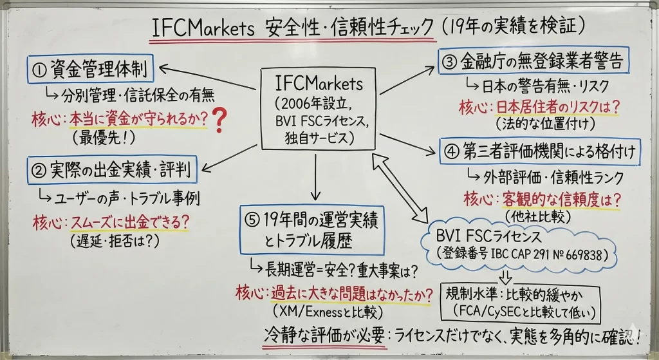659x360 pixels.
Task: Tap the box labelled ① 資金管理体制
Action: pyautogui.click(x=91, y=69)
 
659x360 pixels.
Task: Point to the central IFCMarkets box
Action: pyautogui.click(x=319, y=109)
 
